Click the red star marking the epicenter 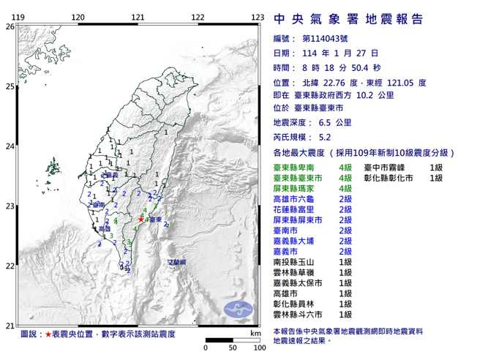click(141, 218)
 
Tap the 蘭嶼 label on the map click(177, 261)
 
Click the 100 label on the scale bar click(258, 348)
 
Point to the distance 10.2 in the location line click(391, 95)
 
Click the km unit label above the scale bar click(254, 333)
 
